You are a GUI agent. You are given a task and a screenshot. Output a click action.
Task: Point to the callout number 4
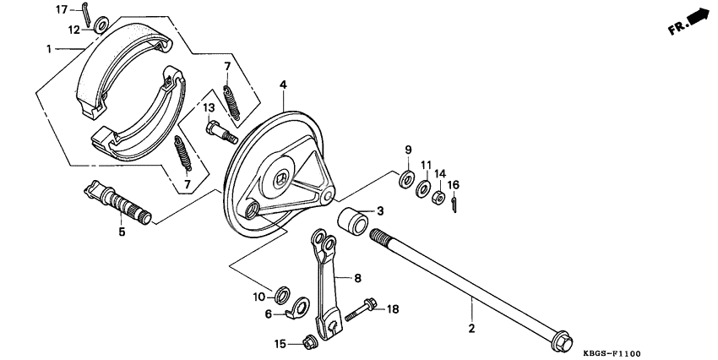(283, 85)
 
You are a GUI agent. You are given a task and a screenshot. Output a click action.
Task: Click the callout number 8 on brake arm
(357, 276)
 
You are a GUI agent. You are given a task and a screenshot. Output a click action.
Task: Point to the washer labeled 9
(407, 178)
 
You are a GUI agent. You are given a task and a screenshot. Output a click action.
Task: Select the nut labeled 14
(439, 199)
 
